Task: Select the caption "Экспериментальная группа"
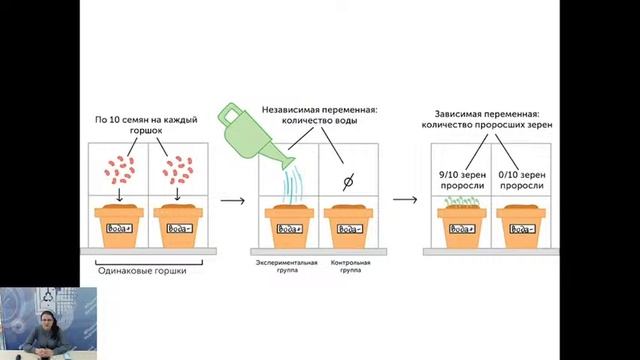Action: [289, 267]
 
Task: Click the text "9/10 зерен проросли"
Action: [463, 179]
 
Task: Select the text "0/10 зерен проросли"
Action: [523, 179]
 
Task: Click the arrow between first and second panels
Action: [233, 199]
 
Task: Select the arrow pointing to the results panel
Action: [405, 199]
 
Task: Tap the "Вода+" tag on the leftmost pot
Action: [119, 229]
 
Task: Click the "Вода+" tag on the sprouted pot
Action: [463, 229]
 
